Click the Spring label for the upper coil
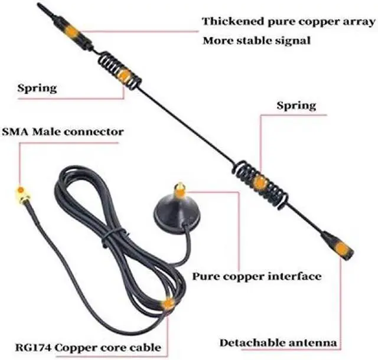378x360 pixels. pyautogui.click(x=37, y=89)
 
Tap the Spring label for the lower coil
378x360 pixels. pyautogui.click(x=296, y=106)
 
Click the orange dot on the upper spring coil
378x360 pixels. pyautogui.click(x=123, y=75)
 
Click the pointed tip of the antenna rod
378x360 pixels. pyautogui.click(x=39, y=5)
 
